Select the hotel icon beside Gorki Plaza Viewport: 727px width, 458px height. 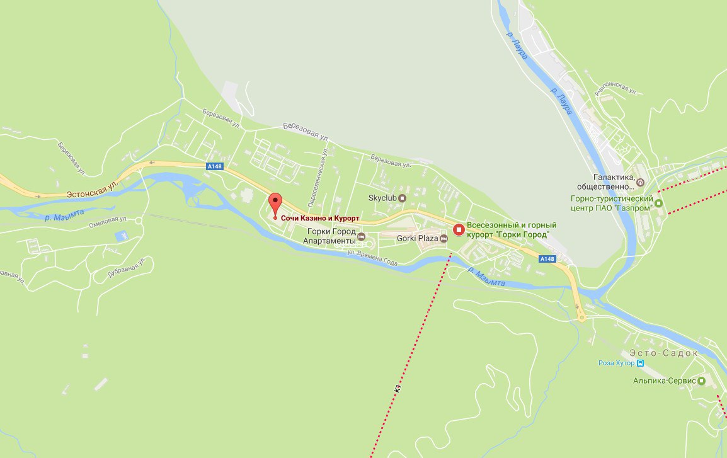(x=444, y=238)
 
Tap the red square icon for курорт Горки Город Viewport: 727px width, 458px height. (x=459, y=230)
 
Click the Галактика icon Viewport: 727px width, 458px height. (x=640, y=183)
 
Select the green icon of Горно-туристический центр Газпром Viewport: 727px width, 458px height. (x=659, y=203)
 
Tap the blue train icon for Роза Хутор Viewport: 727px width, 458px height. (x=640, y=364)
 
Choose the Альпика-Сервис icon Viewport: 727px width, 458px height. (x=702, y=381)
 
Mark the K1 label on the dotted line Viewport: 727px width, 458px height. (x=398, y=389)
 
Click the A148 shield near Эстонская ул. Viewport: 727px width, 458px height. (x=214, y=166)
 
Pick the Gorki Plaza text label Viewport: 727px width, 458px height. (x=417, y=238)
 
